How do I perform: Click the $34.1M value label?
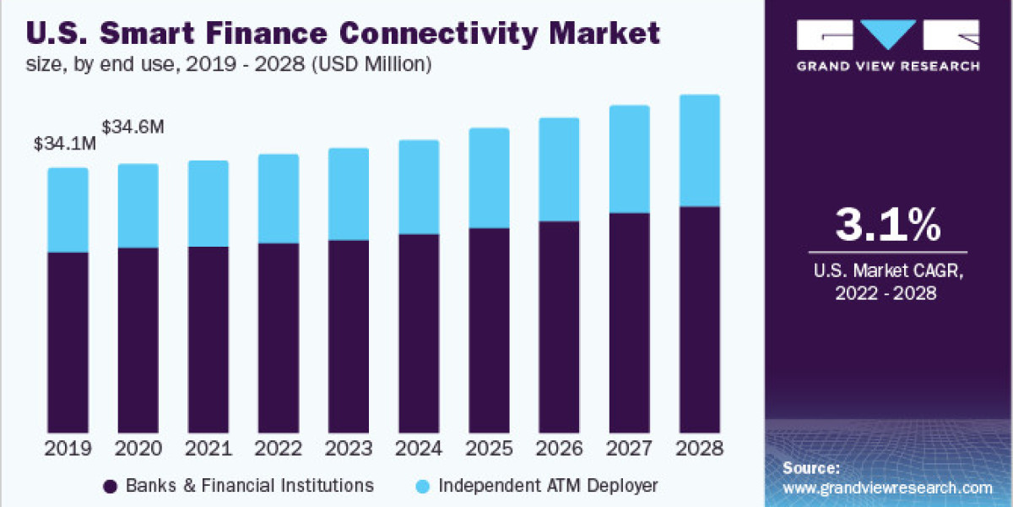coord(65,144)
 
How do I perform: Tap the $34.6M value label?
coord(133,128)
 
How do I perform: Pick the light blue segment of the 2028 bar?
coord(699,150)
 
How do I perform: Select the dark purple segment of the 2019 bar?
coord(68,342)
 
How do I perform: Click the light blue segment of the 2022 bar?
coord(278,199)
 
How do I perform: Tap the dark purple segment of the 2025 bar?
coord(489,330)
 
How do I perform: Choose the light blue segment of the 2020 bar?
coord(138,205)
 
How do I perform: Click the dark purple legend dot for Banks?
coord(109,486)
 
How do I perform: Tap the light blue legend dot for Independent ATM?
coord(424,486)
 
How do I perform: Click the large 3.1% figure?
coord(887,225)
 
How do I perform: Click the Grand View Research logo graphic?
coord(888,35)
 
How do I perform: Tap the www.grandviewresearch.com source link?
coord(887,488)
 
